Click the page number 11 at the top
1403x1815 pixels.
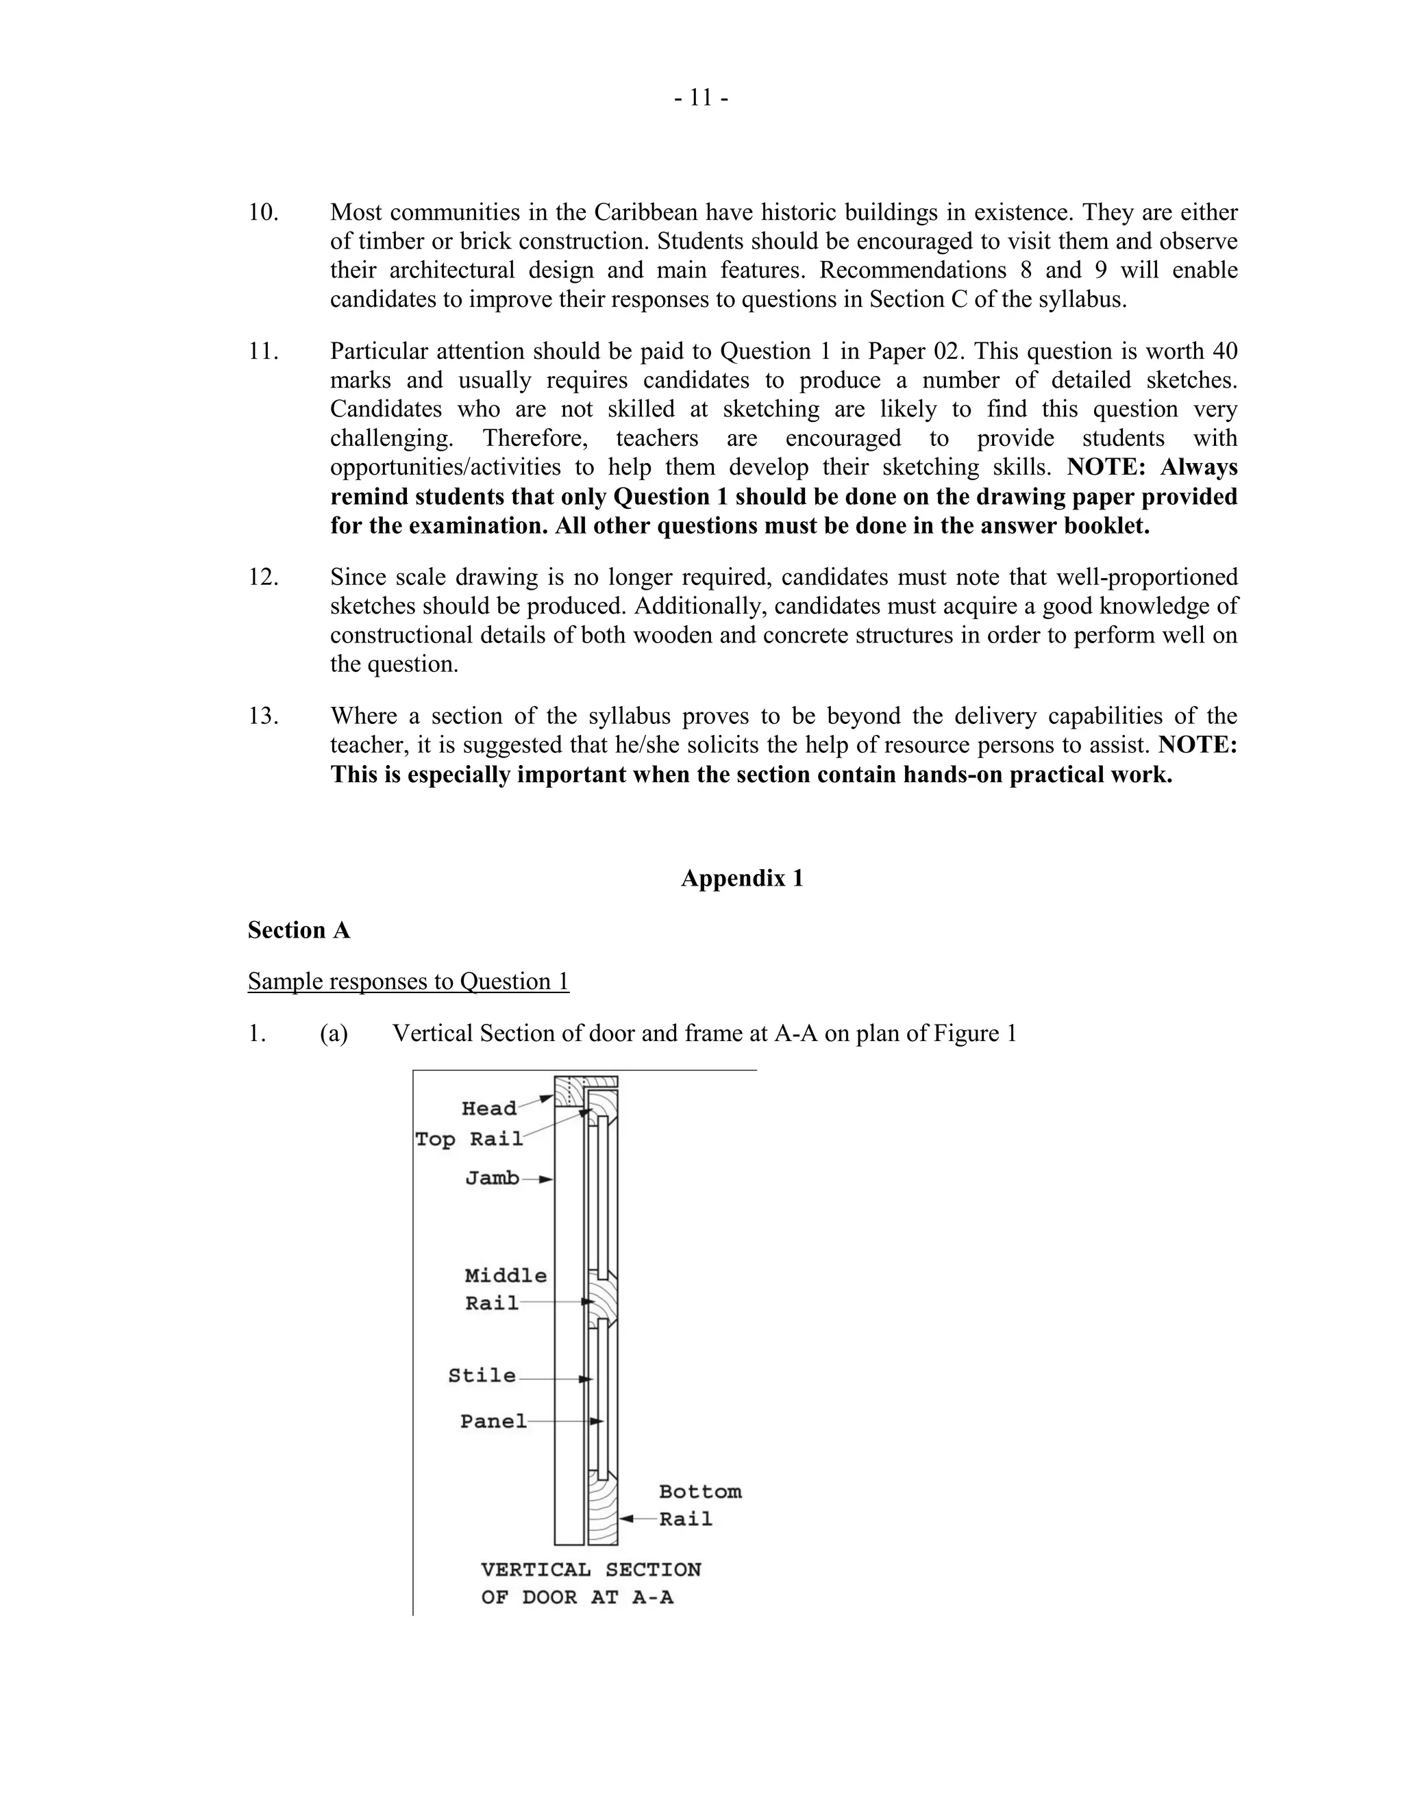click(701, 99)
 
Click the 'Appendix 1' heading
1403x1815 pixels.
click(741, 879)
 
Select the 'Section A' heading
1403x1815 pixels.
click(299, 930)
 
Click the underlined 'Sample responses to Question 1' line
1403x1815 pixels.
click(408, 981)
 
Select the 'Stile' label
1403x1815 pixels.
click(482, 1375)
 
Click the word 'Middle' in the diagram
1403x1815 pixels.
click(506, 1276)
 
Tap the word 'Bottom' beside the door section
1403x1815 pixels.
click(700, 1492)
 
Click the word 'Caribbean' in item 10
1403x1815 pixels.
click(646, 213)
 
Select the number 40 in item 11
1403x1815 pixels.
click(1224, 351)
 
